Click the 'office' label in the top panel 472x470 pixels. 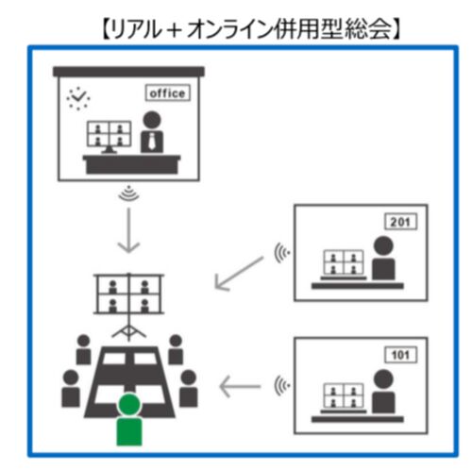pos(167,92)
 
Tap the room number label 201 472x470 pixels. pos(401,222)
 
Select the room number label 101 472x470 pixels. pos(401,355)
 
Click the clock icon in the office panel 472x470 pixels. pos(78,98)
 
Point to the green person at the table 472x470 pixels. pos(129,419)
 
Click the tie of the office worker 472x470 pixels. pos(152,141)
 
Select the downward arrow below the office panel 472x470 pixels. pos(128,230)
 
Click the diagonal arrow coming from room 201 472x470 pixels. pos(239,273)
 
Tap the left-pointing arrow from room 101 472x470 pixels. pos(240,386)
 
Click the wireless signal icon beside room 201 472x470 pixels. pos(281,253)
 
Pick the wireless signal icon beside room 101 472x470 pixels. pos(281,386)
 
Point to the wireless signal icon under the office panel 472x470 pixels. pos(128,193)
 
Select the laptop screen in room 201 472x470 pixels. pos(344,262)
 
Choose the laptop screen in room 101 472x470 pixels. pos(344,395)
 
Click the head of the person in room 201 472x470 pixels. pos(383,245)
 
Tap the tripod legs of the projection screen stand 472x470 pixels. pos(128,333)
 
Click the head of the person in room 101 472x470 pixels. pos(383,378)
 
